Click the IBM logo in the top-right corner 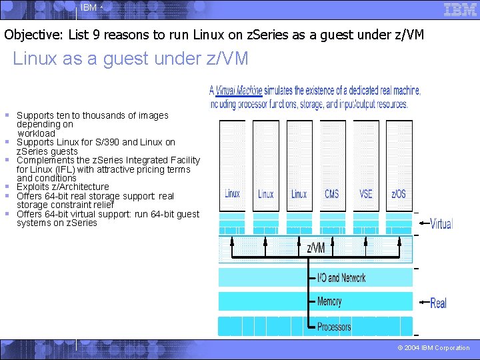(x=460, y=9)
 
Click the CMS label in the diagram (x=331, y=194)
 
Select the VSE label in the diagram (x=365, y=194)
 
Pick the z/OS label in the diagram (x=399, y=194)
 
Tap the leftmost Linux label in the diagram (x=232, y=194)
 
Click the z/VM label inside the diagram (x=315, y=248)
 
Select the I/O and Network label (x=341, y=277)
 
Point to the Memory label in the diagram (x=329, y=301)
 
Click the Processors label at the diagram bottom (x=334, y=327)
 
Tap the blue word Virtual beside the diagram (x=441, y=224)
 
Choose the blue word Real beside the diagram (x=438, y=303)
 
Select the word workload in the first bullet (x=36, y=133)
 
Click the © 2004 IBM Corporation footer (x=433, y=348)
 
